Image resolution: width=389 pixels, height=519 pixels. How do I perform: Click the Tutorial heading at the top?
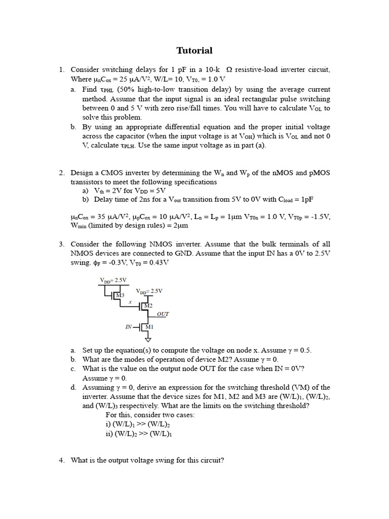tap(194, 51)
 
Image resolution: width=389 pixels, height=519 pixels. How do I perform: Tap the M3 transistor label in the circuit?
tap(120, 295)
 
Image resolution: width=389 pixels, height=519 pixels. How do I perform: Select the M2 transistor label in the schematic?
tap(148, 306)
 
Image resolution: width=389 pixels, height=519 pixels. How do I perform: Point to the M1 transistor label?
tap(149, 327)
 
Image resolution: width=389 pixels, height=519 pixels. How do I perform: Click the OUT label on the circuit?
tap(163, 314)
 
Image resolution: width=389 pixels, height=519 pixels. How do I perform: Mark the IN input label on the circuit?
tap(129, 327)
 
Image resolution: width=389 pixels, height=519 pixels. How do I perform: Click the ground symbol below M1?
tap(148, 339)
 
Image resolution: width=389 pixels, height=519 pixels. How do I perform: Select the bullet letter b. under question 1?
tap(74, 127)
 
